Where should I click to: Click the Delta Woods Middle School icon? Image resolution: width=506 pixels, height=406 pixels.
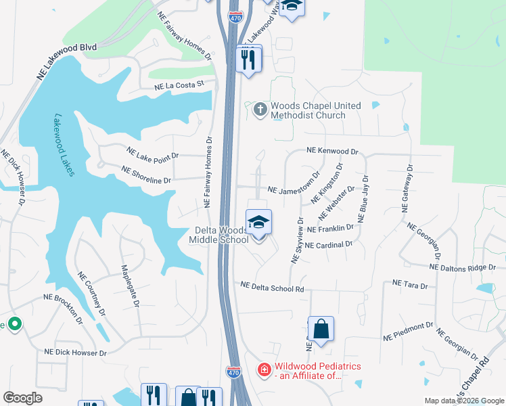tap(258, 222)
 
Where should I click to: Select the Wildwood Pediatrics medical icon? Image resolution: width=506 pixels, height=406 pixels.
tap(264, 370)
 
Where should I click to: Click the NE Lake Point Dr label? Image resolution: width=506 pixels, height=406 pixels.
tap(152, 153)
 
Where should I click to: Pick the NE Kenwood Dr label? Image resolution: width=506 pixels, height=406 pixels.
tap(331, 151)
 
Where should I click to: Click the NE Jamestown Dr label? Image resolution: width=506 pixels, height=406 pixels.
tap(293, 191)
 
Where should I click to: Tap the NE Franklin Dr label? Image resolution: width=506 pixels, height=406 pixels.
tap(331, 229)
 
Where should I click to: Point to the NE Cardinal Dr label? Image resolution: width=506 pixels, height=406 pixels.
tap(329, 244)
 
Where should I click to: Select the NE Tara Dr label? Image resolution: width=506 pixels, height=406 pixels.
tap(410, 285)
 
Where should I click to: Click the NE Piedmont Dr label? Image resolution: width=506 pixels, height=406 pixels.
tap(407, 330)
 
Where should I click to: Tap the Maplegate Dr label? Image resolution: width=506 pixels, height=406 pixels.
tap(130, 285)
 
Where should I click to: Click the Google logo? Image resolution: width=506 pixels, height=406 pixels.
tap(23, 398)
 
